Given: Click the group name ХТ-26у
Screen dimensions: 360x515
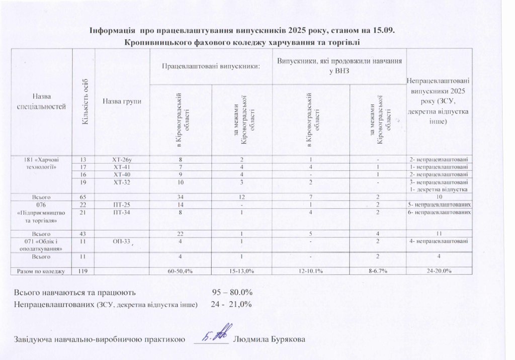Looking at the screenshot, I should [x=121, y=160].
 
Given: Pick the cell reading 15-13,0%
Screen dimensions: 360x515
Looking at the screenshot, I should [x=241, y=271].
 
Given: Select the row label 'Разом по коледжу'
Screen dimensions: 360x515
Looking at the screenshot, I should [x=40, y=271].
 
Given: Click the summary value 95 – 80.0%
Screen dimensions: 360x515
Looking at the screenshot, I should [x=232, y=292].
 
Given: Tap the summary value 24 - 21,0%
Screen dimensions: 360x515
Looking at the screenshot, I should [x=231, y=304].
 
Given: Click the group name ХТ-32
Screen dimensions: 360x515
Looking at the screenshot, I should [x=121, y=182].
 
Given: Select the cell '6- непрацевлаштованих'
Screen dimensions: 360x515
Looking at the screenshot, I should [x=440, y=213].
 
